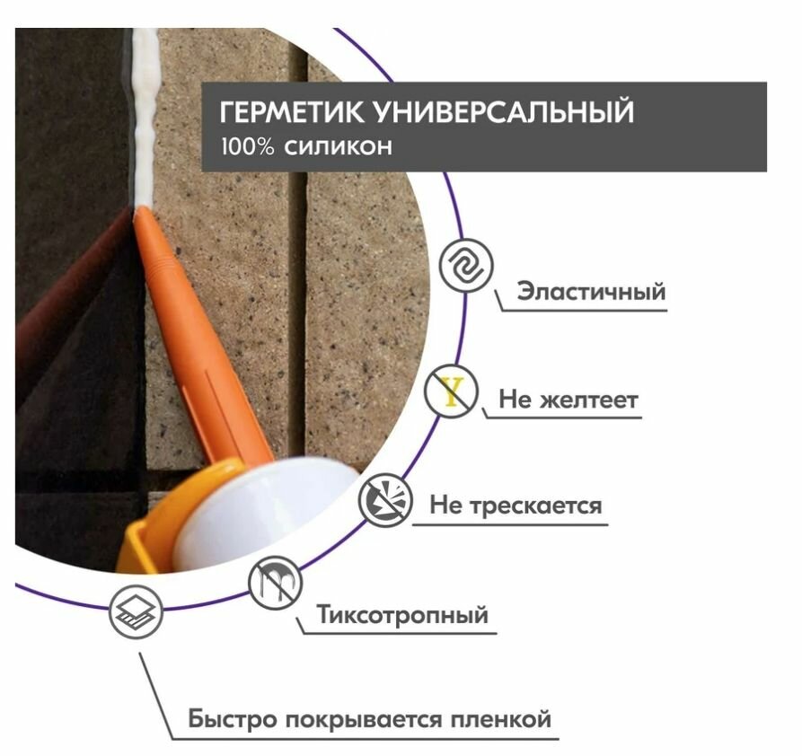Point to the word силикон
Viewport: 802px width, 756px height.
(x=339, y=146)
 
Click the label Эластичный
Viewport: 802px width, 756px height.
(x=591, y=292)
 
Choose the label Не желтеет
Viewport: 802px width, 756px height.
(x=568, y=400)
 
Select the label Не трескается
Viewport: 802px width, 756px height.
(x=516, y=505)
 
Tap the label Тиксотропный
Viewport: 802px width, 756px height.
(x=403, y=616)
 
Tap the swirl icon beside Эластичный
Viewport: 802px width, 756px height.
(x=465, y=266)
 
